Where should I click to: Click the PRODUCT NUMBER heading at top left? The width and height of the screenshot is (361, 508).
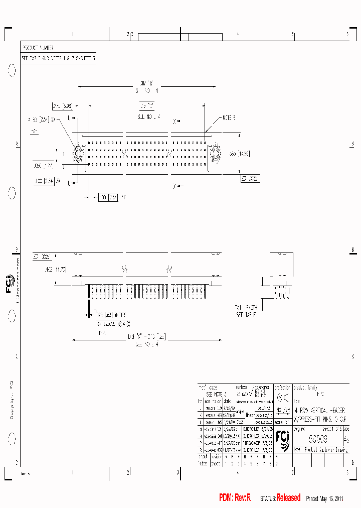click(x=38, y=48)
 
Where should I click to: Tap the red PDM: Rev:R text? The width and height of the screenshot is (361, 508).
click(x=235, y=497)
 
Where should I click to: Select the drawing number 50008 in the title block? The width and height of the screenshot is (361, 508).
click(x=317, y=438)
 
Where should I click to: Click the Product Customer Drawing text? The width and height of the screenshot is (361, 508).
click(x=322, y=449)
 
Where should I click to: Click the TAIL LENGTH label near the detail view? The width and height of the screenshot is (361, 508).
click(x=245, y=307)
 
